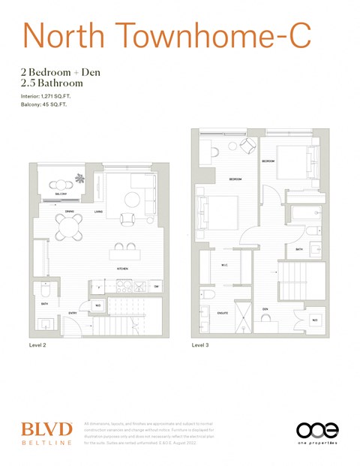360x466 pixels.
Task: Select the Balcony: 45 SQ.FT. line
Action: coord(52,106)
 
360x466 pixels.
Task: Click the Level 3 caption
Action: coord(201,346)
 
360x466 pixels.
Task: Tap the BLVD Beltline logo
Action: coord(46,433)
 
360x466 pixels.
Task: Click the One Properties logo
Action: coord(317,432)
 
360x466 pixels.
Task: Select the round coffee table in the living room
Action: coord(132,199)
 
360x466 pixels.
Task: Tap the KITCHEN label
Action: coord(121,268)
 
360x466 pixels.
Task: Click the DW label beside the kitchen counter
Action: coord(157,287)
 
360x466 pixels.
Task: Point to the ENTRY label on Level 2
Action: coord(73,313)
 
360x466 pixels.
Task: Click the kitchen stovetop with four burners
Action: coord(139,287)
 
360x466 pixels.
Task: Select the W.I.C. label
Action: coord(224,265)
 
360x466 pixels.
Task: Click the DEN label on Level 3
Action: coord(265,308)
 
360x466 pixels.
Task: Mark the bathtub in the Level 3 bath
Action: coord(307,222)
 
